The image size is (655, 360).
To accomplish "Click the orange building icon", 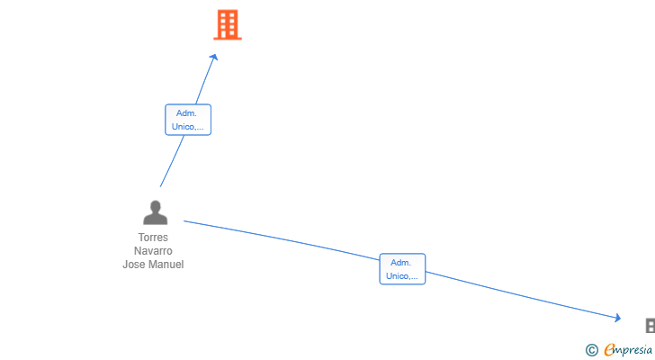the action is tap(228, 24).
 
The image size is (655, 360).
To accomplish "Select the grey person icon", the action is tap(156, 212).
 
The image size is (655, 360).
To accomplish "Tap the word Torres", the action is tap(153, 238).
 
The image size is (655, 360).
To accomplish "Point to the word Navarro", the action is tap(153, 251).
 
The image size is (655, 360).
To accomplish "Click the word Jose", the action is tap(134, 265).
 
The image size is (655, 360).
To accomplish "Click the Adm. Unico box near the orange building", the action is tap(188, 120).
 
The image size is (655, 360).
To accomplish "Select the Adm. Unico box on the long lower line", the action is tap(402, 269).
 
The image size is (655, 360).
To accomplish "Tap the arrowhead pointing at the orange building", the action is tap(214, 58).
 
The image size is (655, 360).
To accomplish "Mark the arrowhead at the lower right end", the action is tap(617, 318).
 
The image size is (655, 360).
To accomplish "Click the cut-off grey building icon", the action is tap(651, 326).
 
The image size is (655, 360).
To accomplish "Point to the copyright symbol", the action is tap(591, 350).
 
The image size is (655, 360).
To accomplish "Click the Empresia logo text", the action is tap(628, 350).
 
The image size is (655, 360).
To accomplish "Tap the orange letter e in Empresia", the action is tap(609, 349).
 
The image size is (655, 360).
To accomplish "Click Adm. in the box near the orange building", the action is tap(186, 113).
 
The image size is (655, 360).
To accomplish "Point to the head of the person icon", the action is tap(156, 206).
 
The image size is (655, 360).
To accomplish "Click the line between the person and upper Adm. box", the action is tap(172, 161).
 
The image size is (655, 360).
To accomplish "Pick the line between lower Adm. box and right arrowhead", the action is tap(522, 295).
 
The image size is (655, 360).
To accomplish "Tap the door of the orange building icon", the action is tap(229, 34).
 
